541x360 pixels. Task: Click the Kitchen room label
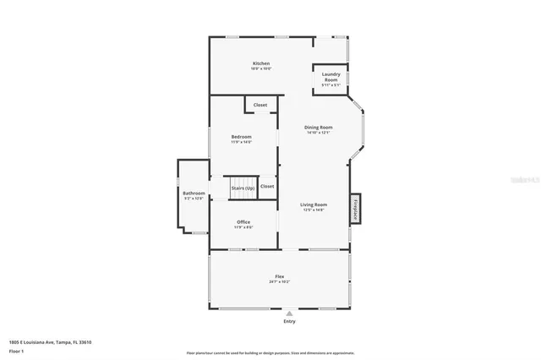260,64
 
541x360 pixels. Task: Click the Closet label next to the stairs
267,186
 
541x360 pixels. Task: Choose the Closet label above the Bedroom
260,105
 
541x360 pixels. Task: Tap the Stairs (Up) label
243,188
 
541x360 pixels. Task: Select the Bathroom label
194,194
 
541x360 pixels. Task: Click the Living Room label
314,205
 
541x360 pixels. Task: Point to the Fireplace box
356,208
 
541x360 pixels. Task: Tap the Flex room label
279,277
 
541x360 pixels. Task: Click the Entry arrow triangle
289,314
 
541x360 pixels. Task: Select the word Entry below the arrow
289,321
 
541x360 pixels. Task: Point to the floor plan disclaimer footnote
270,352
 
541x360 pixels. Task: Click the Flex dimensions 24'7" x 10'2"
279,282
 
